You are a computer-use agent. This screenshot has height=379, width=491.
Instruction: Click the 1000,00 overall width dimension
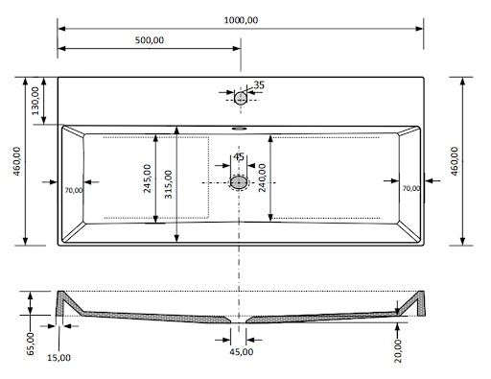point(241,20)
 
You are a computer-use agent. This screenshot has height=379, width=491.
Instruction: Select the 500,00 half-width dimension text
point(150,40)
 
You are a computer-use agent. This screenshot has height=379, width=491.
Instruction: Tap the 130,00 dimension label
point(35,101)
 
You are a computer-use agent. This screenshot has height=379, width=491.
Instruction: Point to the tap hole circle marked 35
point(241,98)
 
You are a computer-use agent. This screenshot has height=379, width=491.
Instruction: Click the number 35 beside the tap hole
point(259,85)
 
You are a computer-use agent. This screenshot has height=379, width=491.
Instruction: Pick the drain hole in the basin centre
point(239,182)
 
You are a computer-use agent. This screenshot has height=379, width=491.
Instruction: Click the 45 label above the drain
point(239,157)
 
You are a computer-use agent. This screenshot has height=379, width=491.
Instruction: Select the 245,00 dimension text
point(147,178)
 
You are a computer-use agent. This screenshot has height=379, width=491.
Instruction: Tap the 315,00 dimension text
point(169,184)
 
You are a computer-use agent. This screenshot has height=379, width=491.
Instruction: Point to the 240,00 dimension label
point(262,178)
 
